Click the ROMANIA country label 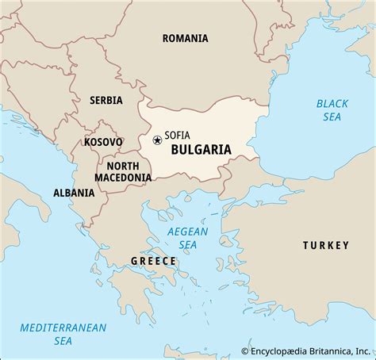click(x=185, y=38)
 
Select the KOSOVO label click(x=103, y=142)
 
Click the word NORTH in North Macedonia click(x=122, y=166)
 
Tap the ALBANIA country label click(x=75, y=193)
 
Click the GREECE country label click(x=152, y=261)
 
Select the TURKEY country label click(x=325, y=246)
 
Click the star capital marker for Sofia click(x=157, y=140)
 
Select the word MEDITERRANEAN click(x=54, y=304)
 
